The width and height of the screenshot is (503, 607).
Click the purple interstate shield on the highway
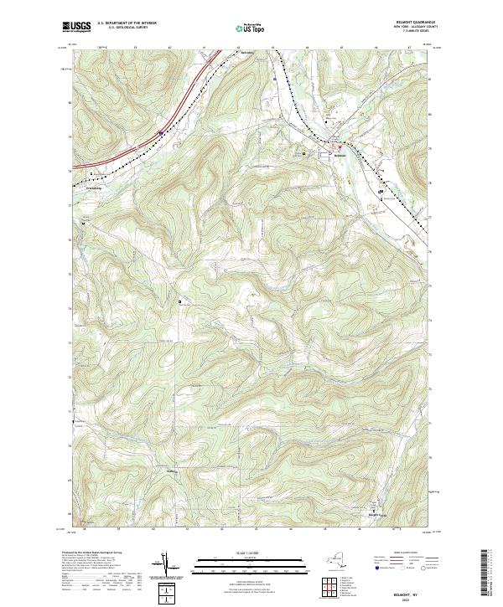(x=159, y=131)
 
